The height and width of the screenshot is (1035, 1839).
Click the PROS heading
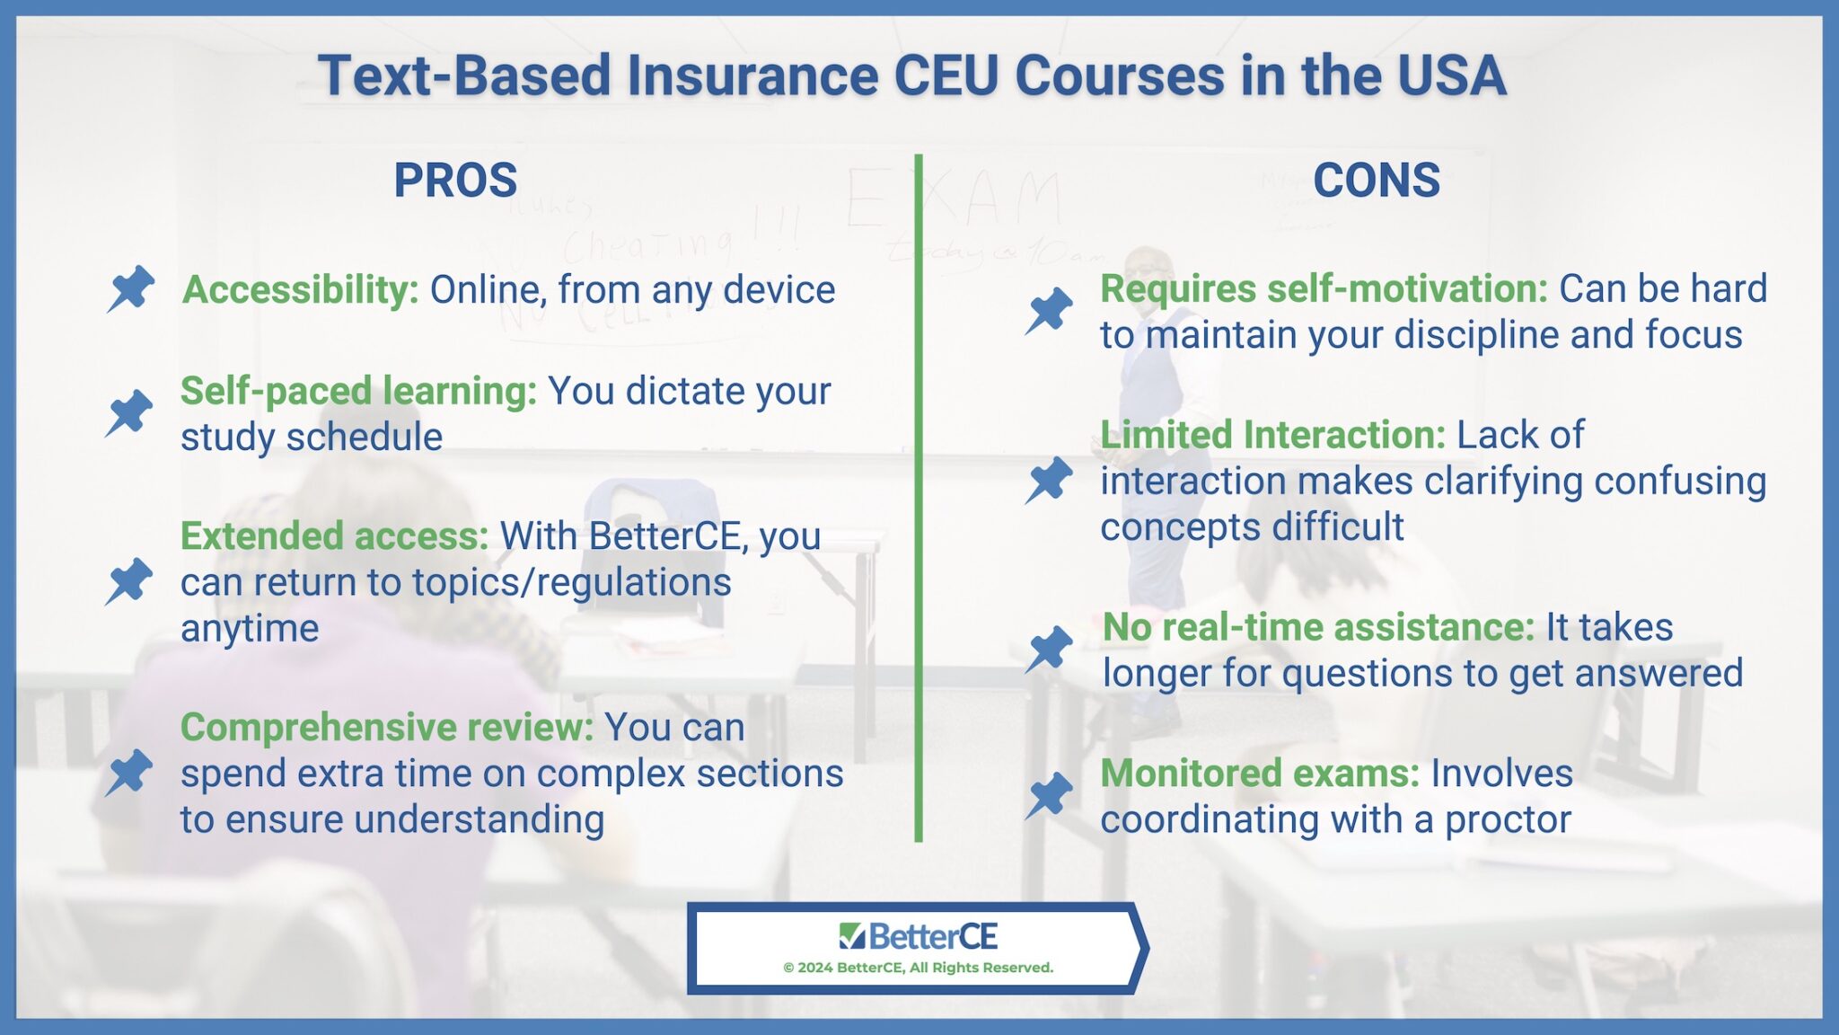click(455, 181)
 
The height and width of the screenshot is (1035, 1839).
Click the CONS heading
click(1376, 181)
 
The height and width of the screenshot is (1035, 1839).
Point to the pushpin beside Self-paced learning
click(130, 413)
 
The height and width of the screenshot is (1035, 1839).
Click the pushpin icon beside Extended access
click(130, 580)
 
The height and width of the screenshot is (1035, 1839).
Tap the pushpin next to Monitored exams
click(1050, 795)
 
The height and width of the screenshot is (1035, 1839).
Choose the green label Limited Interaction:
click(1272, 435)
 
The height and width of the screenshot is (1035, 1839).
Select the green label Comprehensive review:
click(387, 728)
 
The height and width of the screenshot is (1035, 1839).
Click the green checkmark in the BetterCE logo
click(851, 936)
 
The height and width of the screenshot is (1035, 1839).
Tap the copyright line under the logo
click(918, 968)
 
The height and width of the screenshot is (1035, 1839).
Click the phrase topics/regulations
click(572, 583)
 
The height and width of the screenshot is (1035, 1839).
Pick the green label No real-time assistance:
click(1318, 627)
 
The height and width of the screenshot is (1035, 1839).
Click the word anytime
click(250, 629)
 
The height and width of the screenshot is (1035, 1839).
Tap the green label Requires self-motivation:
click(1324, 289)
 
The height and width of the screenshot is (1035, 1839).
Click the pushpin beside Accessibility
click(132, 289)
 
